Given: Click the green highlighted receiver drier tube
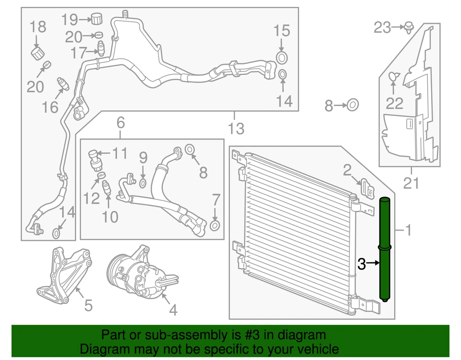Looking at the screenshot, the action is point(384,250).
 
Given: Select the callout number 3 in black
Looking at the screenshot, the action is point(361,264).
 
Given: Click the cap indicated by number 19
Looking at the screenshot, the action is point(96,18).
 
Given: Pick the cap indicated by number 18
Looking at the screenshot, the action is point(38,53).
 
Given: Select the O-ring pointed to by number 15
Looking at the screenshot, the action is point(281,58).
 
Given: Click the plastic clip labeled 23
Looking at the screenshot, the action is point(409,27).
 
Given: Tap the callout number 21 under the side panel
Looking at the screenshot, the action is point(411,183).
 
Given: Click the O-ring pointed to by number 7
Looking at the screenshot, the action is point(215,226).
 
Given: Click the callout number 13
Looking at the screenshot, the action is point(236,129).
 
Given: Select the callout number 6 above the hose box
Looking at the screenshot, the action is point(121,123).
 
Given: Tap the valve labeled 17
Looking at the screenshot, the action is point(100,48).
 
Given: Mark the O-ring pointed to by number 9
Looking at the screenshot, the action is point(142,183).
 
